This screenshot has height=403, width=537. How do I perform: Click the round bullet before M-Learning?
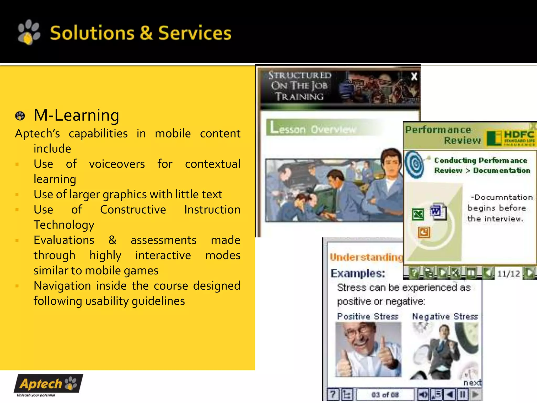point(20,116)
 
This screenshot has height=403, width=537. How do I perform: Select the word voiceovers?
point(117,164)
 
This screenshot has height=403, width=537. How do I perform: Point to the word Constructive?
point(133,210)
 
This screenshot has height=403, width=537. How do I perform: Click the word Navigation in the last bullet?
point(62,286)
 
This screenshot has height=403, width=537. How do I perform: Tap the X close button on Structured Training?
point(414,77)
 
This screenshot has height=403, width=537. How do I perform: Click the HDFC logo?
point(511,138)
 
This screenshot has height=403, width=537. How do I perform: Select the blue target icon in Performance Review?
point(415,165)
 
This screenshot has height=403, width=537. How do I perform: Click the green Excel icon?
point(418,214)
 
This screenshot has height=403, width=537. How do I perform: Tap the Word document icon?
point(438,211)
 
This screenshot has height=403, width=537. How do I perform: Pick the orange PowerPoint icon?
point(424,232)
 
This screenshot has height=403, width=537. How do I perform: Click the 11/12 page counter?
point(508,274)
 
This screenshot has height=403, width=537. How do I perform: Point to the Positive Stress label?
point(368,316)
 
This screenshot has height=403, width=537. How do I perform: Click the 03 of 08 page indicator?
point(385,395)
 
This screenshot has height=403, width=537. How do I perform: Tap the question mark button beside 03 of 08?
point(333,395)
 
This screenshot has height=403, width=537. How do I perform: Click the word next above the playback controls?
point(472,383)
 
